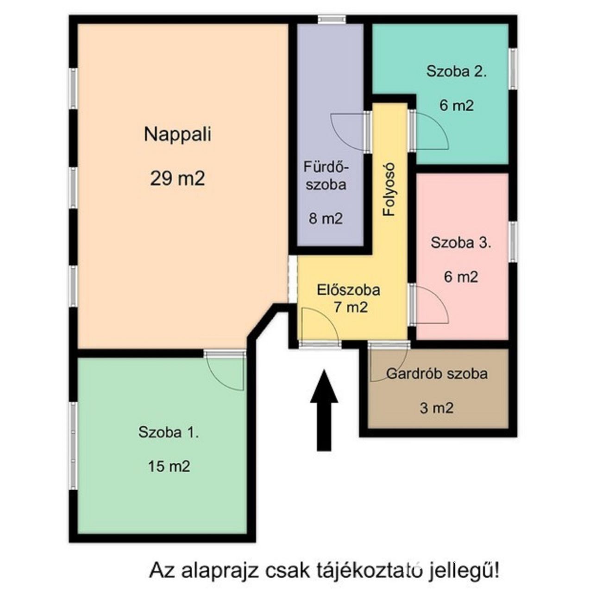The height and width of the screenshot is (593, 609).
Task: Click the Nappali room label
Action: tap(177, 135)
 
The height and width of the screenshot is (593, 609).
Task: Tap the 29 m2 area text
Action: tap(177, 179)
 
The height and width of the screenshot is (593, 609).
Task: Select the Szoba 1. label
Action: tap(169, 432)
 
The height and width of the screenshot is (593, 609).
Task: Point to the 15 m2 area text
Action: tap(169, 467)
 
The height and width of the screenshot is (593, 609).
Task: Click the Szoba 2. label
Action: tap(457, 71)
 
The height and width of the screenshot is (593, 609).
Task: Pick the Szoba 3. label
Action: tap(461, 243)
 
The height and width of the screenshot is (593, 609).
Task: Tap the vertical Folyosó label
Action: tap(389, 189)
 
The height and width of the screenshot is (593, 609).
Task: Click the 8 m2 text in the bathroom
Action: tap(326, 218)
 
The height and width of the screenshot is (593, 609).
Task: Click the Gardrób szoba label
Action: tap(437, 373)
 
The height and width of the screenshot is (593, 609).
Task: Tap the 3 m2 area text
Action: tap(436, 408)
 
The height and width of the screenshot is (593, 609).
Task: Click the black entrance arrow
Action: tap(324, 410)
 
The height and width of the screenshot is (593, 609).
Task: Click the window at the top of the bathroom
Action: tap(332, 19)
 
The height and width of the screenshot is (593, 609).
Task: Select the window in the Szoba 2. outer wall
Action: tap(513, 69)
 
